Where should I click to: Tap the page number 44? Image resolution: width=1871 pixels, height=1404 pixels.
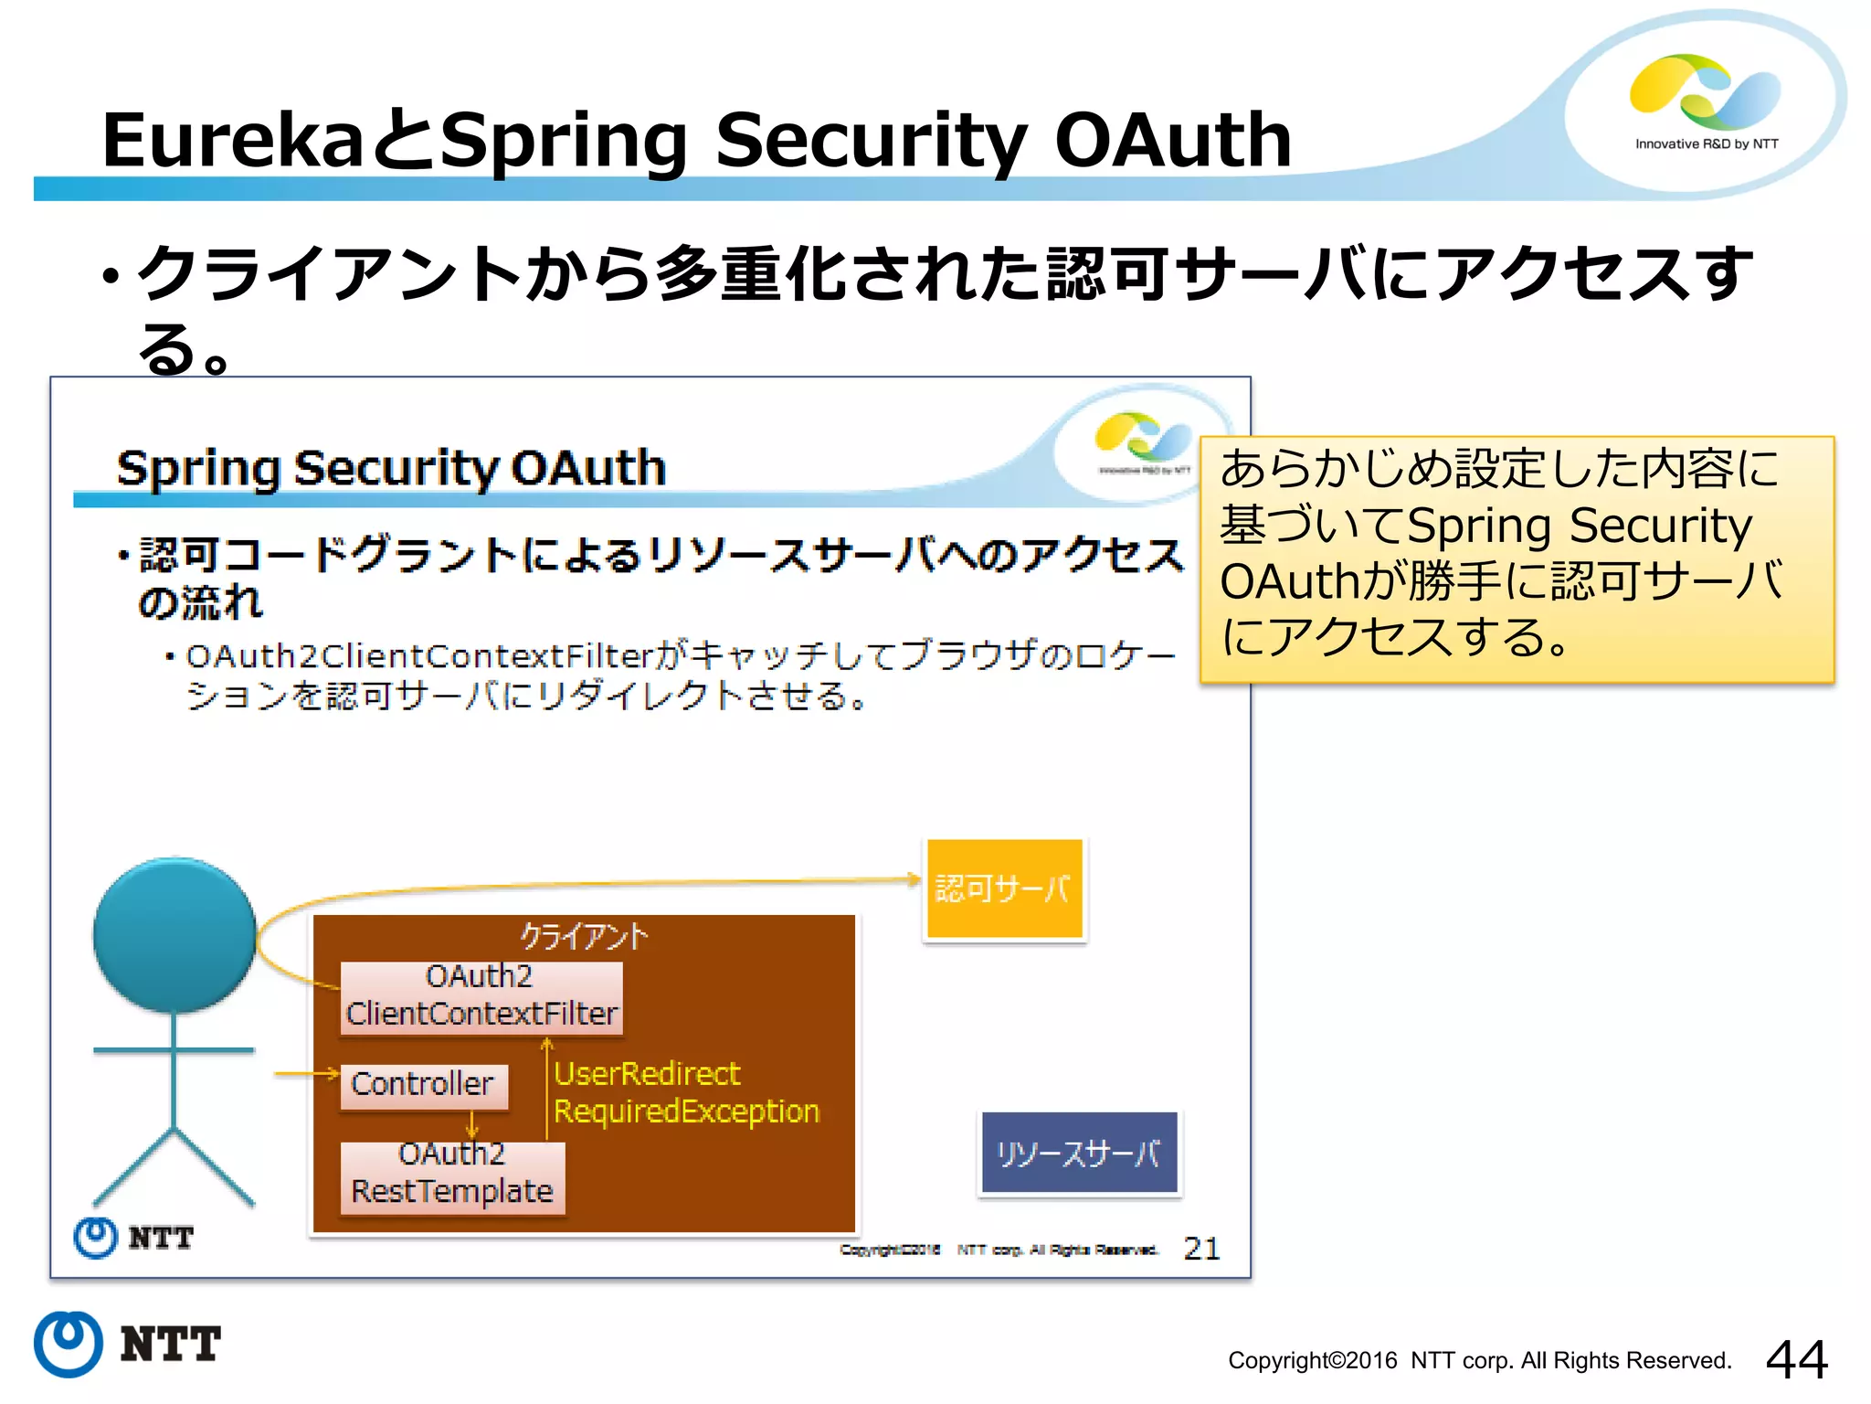tap(1796, 1359)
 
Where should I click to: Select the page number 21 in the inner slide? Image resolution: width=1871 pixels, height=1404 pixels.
tap(1201, 1249)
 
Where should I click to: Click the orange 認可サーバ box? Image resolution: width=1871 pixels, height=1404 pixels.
tap(1004, 888)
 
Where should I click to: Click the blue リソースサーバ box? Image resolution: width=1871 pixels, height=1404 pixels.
tap(1079, 1154)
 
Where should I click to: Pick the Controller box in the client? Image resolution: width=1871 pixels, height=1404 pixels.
tap(423, 1085)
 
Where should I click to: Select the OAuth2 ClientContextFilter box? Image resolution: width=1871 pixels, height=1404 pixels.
tap(481, 996)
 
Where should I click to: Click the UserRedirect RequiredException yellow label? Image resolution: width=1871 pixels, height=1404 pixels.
tap(685, 1092)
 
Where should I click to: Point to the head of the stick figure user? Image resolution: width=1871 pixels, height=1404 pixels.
tap(174, 934)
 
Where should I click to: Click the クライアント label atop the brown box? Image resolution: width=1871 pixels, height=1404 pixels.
tap(583, 936)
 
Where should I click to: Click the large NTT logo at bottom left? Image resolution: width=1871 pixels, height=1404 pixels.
tap(128, 1344)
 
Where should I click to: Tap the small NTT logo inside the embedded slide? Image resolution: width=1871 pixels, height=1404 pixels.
tap(133, 1238)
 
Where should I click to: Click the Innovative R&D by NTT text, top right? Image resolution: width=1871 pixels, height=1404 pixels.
tap(1706, 144)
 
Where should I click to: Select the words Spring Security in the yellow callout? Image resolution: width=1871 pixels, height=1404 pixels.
tap(1578, 526)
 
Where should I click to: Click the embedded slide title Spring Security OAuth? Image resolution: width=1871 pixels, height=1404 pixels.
tap(391, 468)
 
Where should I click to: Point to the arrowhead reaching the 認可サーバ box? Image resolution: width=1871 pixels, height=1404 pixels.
tap(914, 879)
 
